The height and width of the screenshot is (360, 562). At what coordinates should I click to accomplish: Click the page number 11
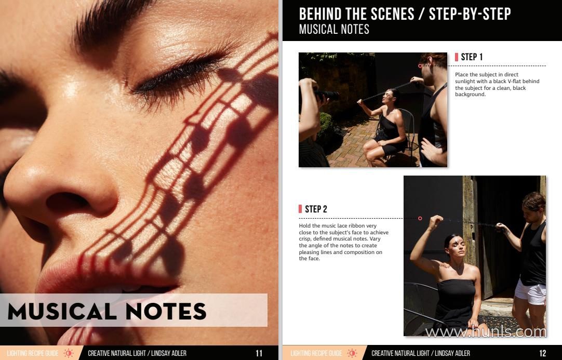pos(259,353)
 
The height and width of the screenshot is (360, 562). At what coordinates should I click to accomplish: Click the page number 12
pos(543,353)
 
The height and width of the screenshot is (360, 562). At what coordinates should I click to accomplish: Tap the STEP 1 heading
pos(472,57)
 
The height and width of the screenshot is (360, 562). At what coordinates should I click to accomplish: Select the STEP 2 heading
pos(316,209)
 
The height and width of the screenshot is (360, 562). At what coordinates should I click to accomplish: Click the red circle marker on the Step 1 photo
pos(420,66)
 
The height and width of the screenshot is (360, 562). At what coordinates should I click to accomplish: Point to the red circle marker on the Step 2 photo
pos(420,218)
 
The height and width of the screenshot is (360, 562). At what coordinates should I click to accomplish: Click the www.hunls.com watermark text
pos(486,332)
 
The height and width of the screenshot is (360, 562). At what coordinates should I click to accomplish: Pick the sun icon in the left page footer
pos(68,353)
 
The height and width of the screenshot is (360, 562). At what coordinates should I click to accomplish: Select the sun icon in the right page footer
pos(352,353)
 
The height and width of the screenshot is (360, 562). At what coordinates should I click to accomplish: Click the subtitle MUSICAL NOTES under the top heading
pos(334,30)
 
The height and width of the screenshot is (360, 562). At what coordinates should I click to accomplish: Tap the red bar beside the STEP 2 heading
pos(300,209)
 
